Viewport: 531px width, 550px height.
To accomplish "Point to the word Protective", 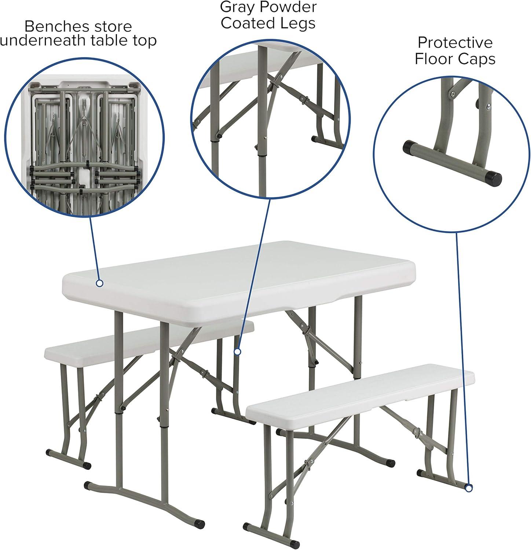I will pos(455,43).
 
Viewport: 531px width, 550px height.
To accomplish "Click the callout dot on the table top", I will pos(99,283).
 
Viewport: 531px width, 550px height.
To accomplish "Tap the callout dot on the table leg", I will pos(237,352).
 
